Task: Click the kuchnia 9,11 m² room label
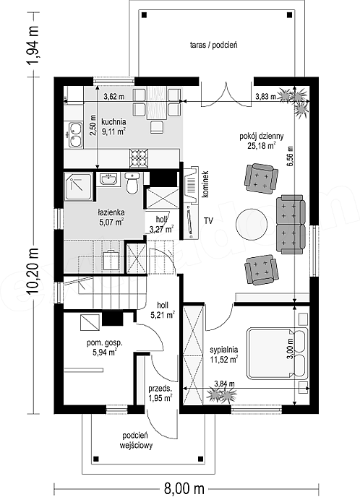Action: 113,126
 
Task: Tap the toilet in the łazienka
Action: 132,183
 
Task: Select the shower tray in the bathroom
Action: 80,186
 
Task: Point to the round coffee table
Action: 252,225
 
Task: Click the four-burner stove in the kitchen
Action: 139,158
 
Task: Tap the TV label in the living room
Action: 208,221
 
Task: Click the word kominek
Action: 205,184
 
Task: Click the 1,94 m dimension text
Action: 33,44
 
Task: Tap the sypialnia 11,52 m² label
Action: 224,355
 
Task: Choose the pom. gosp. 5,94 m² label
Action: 100,347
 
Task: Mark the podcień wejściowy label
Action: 137,441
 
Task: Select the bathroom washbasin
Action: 109,179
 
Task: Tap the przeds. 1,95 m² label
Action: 160,394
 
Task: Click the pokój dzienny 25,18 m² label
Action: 262,141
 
